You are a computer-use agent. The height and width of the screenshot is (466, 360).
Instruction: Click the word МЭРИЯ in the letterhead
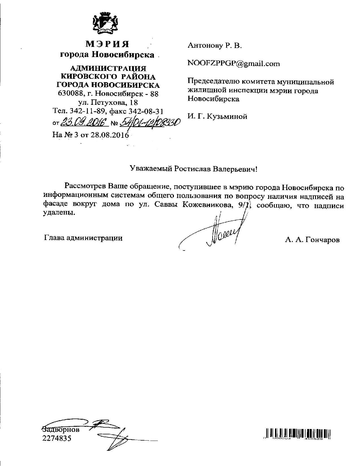pyautogui.click(x=107, y=44)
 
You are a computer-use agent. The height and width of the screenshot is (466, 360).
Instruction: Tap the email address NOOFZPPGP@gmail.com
pyautogui.click(x=234, y=64)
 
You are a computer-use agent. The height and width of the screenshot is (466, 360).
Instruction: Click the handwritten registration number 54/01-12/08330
pyautogui.click(x=150, y=123)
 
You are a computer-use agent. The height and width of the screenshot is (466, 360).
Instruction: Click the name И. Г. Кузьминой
pyautogui.click(x=217, y=116)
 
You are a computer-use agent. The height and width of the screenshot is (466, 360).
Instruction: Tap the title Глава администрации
pyautogui.click(x=83, y=238)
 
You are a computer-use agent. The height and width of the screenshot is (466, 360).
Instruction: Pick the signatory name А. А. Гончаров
pyautogui.click(x=312, y=240)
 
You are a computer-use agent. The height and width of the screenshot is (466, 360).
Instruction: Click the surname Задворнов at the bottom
pyautogui.click(x=61, y=430)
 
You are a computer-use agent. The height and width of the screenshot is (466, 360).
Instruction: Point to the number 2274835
pyautogui.click(x=57, y=439)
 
